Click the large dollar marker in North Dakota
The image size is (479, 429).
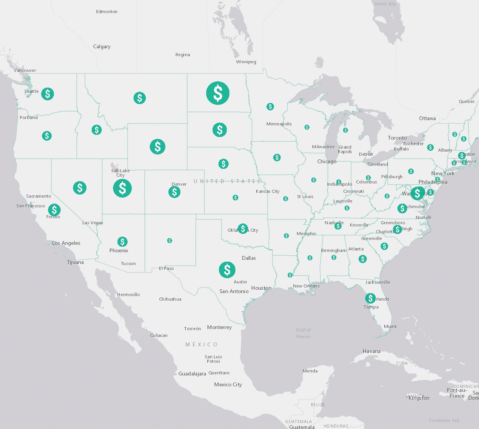(218, 93)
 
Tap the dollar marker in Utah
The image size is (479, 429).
(122, 188)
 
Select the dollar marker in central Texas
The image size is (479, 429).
(227, 270)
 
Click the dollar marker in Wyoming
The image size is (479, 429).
(158, 147)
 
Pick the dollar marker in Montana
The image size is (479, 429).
(140, 98)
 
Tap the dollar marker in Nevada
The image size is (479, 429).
(80, 188)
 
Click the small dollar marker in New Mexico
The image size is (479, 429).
(170, 241)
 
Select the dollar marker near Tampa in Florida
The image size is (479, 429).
(370, 298)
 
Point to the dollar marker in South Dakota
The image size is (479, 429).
(220, 130)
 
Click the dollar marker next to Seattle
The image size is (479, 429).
(48, 94)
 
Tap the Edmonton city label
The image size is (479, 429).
(107, 12)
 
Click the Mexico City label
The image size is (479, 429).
(228, 384)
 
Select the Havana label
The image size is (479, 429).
(372, 351)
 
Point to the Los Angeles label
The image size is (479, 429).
(66, 243)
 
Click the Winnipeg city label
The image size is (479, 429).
(246, 62)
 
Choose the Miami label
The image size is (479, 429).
(390, 326)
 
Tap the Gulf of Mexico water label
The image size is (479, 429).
(303, 333)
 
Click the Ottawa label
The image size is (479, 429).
(427, 118)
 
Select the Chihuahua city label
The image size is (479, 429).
(170, 299)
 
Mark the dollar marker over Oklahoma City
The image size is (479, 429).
(243, 228)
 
